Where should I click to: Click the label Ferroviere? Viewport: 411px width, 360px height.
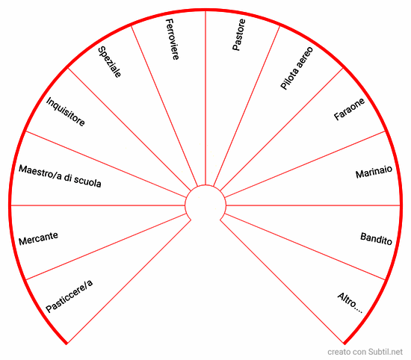(173, 40)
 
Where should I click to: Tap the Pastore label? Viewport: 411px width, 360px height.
(239, 34)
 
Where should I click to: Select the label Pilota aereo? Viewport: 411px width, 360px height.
(297, 68)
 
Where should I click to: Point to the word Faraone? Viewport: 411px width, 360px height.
(349, 109)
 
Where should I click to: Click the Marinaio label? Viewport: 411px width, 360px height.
(374, 172)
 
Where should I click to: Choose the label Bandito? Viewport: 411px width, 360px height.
(376, 239)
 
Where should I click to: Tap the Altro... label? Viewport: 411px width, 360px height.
(350, 303)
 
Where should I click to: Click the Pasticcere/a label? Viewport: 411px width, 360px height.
(69, 296)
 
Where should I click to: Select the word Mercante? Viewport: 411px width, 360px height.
(38, 238)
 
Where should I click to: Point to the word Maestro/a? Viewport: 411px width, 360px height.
(40, 173)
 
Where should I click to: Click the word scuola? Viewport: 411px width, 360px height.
(87, 181)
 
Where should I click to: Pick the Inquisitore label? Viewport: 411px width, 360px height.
(66, 111)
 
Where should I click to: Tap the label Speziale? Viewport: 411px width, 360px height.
(109, 62)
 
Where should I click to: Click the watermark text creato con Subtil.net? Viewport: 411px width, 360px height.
(365, 352)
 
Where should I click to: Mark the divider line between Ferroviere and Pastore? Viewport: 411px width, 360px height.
(205, 98)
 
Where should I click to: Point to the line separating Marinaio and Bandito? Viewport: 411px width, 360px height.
(313, 205)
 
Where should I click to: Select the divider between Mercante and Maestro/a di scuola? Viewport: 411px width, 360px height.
(98, 205)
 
